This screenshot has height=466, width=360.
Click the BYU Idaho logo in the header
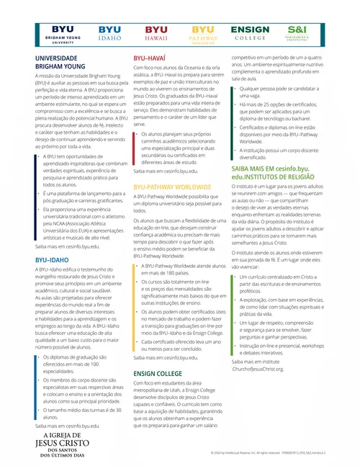[109, 33]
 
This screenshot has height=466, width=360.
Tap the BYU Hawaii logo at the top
[156, 33]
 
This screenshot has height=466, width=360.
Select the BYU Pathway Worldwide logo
[203, 33]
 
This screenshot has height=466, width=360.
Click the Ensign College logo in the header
[250, 33]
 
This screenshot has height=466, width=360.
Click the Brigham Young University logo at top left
[58, 34]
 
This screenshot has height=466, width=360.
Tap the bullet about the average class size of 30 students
[71, 413]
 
